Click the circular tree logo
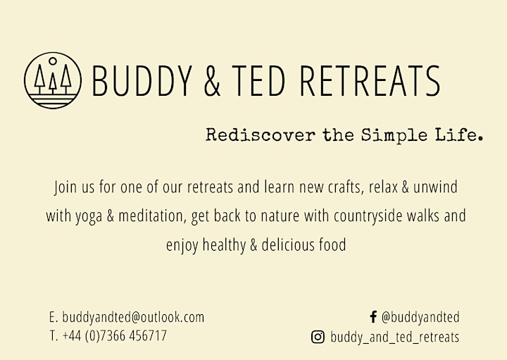tap(53, 80)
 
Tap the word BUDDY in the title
tap(142, 80)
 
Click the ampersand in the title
tap(212, 80)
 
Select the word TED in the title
tap(258, 80)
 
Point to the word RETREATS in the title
tap(370, 80)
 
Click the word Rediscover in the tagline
tap(261, 135)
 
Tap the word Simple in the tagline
tap(394, 135)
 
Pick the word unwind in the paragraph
tap(435, 187)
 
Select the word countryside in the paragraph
tap(368, 216)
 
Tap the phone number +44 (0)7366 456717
tap(115, 336)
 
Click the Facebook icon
tap(373, 317)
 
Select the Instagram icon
tap(318, 337)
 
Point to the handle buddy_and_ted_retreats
tap(395, 337)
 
